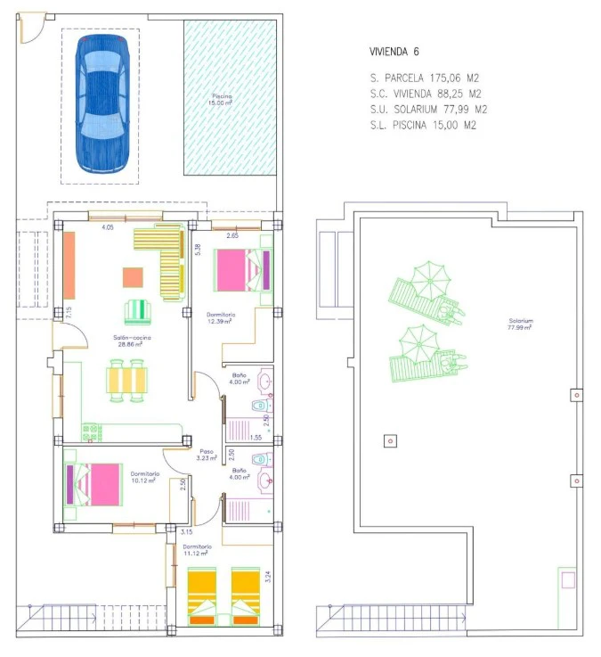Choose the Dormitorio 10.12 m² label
click(x=143, y=476)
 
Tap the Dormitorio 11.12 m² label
click(x=196, y=549)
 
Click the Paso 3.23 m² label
click(x=207, y=455)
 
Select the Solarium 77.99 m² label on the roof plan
click(x=521, y=324)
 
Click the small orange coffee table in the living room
click(x=133, y=277)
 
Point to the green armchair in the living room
click(x=139, y=311)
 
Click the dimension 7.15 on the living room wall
click(x=69, y=313)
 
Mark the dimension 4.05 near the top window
click(x=107, y=228)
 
